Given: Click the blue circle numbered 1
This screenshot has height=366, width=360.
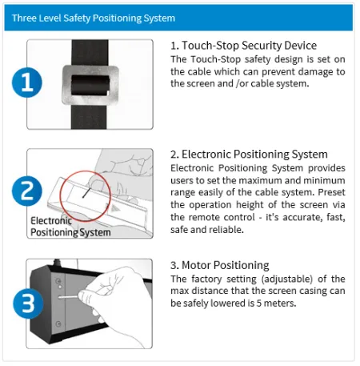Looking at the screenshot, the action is [27, 82].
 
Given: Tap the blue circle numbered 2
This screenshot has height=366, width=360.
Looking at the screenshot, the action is [27, 191].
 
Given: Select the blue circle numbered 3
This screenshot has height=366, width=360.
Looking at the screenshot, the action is [28, 304].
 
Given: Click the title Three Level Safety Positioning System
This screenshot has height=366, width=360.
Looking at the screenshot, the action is [94, 18].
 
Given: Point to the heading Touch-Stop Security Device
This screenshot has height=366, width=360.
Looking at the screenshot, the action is [249, 46].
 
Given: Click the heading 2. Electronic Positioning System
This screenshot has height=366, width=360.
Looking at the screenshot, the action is [249, 155].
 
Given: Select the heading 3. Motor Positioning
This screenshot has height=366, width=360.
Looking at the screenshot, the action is [220, 265].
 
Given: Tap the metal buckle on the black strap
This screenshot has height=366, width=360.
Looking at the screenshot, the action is [90, 85].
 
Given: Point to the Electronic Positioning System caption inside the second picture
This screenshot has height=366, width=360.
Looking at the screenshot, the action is [70, 227].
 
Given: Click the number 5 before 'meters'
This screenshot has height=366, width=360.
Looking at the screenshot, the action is [259, 304].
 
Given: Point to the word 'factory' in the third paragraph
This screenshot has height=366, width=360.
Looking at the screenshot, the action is [206, 279].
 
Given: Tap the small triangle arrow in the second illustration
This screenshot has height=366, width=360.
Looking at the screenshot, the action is [115, 208].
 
